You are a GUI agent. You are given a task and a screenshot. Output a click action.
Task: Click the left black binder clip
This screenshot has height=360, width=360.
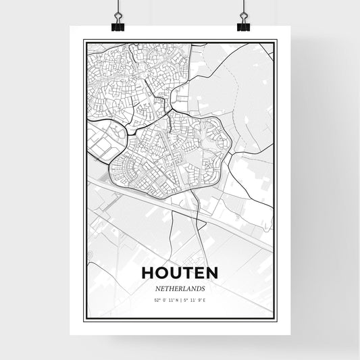click(118, 25)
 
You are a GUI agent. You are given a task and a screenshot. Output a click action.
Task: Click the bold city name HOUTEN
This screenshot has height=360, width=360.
click(180, 272)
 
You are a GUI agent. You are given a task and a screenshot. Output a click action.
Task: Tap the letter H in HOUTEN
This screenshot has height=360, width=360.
click(149, 272)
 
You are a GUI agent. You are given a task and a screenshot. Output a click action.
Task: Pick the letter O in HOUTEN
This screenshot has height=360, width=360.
click(162, 272)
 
